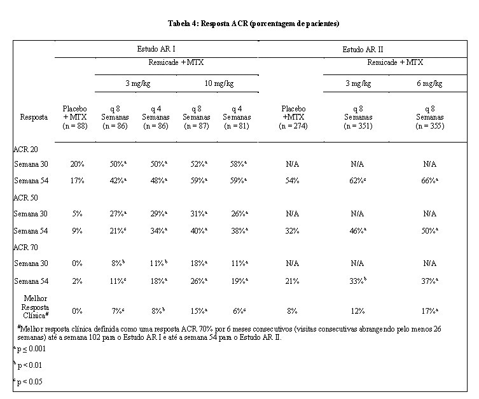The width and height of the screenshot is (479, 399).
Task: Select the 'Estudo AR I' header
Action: point(156,49)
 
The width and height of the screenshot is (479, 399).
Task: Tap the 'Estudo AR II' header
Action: point(363,50)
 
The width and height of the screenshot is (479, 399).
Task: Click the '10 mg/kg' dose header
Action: point(219,83)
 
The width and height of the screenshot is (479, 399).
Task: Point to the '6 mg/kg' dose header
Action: point(429,83)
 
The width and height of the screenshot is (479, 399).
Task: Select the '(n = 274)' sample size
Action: point(293,126)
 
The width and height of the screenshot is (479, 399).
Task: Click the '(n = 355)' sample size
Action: point(429,126)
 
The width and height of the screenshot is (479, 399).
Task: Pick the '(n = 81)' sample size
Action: point(237,126)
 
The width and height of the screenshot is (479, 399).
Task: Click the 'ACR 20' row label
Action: point(25,150)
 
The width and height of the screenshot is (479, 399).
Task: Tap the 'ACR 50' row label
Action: point(25,198)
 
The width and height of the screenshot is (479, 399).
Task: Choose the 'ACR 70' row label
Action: point(25,247)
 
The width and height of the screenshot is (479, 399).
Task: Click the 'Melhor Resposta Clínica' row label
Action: point(36,307)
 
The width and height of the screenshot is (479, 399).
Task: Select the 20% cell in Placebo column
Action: point(77,164)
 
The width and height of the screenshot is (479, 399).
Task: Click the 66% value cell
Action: point(429,181)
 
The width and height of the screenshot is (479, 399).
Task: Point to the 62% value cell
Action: point(358,181)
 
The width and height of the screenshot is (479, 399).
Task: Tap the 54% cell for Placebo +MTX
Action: point(292,181)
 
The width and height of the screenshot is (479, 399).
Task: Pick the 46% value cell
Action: point(358,230)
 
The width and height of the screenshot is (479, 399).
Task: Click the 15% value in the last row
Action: point(199,311)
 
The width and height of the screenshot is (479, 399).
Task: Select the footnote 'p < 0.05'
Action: point(28,382)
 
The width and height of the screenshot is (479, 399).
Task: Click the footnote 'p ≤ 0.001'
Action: point(29,349)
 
